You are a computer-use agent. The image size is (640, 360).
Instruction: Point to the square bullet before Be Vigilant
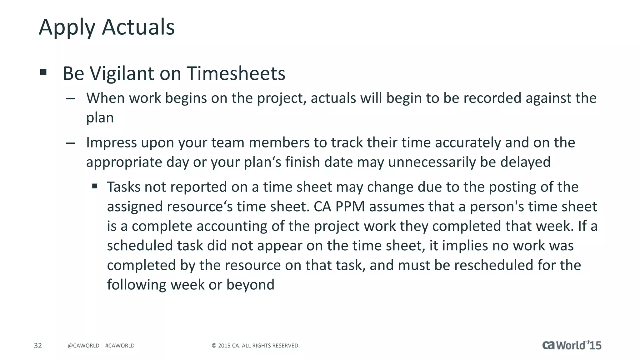point(43,73)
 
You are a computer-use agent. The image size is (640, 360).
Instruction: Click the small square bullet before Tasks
point(95,187)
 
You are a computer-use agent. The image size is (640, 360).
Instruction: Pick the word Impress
point(111,143)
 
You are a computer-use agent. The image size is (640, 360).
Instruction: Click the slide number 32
point(38,346)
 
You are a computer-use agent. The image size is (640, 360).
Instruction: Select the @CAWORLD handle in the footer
point(83,346)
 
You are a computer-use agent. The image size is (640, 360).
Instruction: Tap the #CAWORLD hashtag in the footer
point(120,346)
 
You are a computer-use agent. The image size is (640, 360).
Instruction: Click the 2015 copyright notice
point(256,346)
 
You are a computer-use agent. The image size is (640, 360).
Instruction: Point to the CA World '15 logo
point(572,345)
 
